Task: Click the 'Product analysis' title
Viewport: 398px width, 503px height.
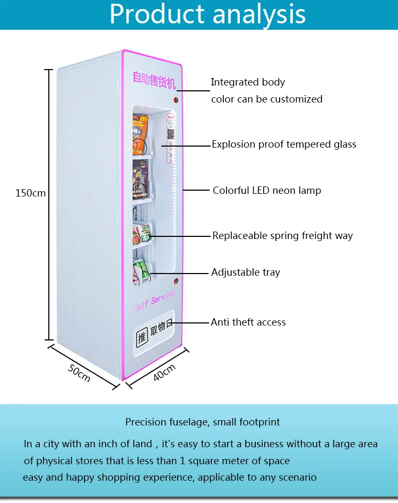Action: (x=207, y=14)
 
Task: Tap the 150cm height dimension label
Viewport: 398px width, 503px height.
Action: (x=30, y=193)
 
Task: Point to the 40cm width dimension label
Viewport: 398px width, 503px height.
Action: (x=165, y=372)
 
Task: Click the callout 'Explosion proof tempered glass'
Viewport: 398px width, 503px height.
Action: (x=284, y=144)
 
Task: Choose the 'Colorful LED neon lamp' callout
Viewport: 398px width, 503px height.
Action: (x=266, y=191)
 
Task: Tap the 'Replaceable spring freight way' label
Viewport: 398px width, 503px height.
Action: (x=282, y=236)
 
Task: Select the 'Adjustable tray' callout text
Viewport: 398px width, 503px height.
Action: (x=245, y=272)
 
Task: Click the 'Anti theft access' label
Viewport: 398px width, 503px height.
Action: (x=248, y=322)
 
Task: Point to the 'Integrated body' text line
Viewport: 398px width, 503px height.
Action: (x=248, y=82)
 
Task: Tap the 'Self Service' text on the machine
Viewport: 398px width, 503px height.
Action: (x=154, y=301)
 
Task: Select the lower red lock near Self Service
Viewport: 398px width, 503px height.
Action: (x=176, y=280)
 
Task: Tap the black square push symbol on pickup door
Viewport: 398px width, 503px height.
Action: (x=142, y=336)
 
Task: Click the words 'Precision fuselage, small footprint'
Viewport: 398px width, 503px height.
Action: (x=203, y=422)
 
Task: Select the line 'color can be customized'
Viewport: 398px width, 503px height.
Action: (x=266, y=99)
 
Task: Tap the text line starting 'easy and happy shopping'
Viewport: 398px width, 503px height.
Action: (x=169, y=478)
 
